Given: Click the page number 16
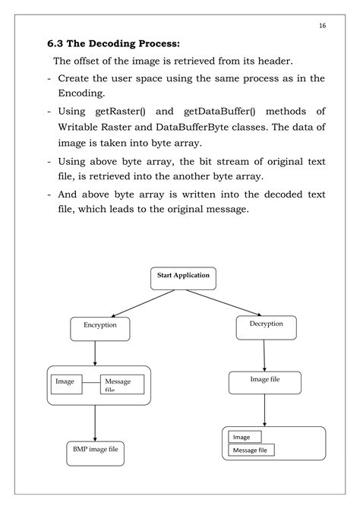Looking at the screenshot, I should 322,25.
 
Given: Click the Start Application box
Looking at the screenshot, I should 183,277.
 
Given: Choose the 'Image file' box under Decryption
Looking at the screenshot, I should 264,381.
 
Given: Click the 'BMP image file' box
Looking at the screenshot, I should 94,454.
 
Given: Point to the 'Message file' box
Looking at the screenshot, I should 251,451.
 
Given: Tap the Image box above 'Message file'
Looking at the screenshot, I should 244,437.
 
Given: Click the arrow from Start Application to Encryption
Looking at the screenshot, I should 138,302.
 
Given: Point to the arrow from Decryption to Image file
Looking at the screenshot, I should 264,355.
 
